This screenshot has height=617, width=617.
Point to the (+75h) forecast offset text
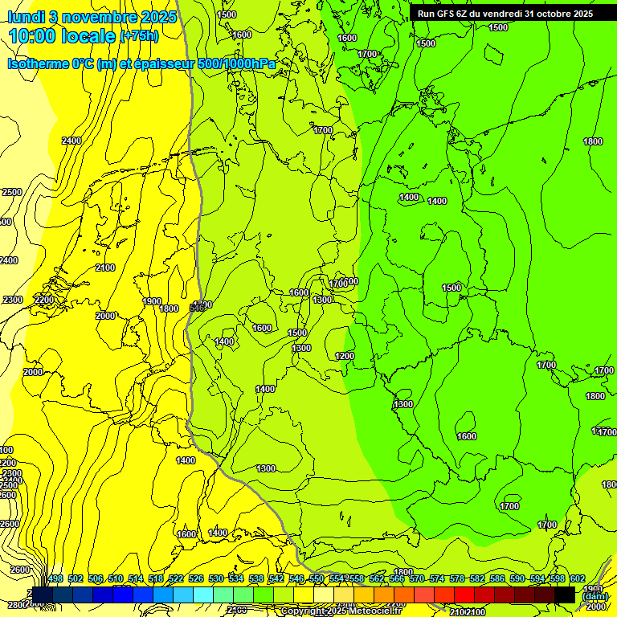tap(138, 36)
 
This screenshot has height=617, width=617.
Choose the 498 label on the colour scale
tap(55, 579)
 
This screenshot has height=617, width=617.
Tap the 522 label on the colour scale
tap(176, 579)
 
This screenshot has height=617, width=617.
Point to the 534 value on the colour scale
tap(236, 579)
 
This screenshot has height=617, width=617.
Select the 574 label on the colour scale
tap(437, 579)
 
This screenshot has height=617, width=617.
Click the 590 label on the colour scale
tap(517, 579)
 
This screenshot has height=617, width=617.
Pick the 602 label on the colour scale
tap(577, 579)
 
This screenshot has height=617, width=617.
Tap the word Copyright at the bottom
tap(304, 611)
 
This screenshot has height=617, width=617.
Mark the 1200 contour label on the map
tap(345, 356)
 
